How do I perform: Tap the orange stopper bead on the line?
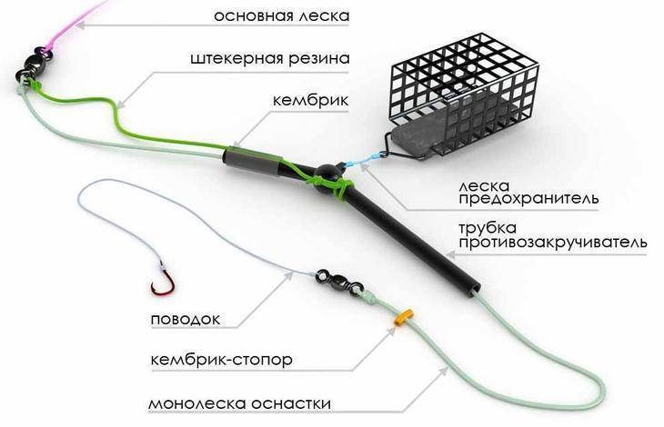[x=404, y=317]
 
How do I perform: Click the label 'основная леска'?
[x=282, y=16]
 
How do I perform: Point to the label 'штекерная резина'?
[x=270, y=58]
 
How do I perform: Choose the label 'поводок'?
[x=186, y=319]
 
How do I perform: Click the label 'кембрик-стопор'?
[x=221, y=360]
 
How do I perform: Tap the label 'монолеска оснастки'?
[x=240, y=402]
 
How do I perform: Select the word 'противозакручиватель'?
[x=553, y=243]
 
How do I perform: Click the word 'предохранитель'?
[x=528, y=198]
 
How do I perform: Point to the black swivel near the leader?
[x=338, y=281]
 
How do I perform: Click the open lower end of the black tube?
[x=474, y=291]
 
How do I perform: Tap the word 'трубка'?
[x=488, y=227]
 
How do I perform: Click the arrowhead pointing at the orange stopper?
[x=392, y=330]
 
